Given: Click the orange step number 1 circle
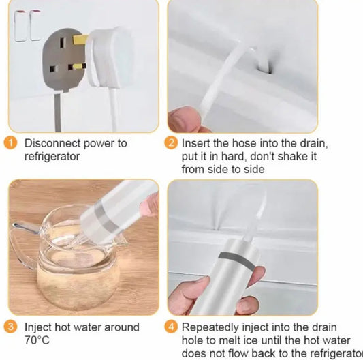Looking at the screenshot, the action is point(10,142).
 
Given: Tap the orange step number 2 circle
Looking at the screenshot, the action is point(171,142).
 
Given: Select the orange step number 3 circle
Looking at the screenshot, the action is point(10,327).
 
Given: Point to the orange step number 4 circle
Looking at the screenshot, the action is point(171,327).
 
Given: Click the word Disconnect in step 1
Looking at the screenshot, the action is point(52,143).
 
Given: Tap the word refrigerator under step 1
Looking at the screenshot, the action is point(52,156).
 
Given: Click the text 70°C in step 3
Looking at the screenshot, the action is point(37,340).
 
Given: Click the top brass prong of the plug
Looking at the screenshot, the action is point(80,40).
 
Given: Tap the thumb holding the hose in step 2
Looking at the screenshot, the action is point(184,119).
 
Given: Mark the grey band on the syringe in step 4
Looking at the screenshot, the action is point(236,260).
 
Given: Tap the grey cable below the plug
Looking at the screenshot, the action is point(58,112).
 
